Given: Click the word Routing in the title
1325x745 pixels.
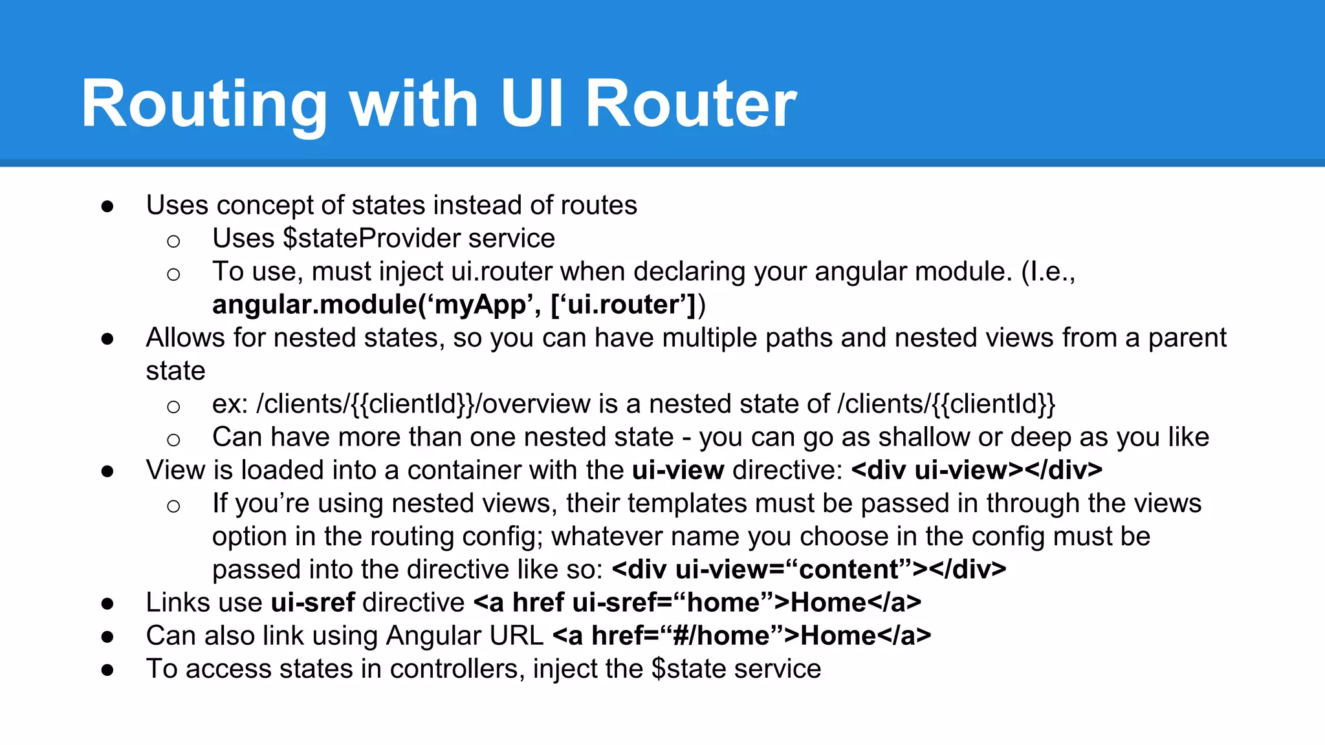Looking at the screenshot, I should pos(204,105).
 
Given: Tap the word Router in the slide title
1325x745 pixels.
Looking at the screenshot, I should pos(691,105).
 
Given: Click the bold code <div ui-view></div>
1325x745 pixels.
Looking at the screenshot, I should pos(977,470).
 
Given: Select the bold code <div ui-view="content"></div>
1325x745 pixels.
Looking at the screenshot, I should pos(809,570).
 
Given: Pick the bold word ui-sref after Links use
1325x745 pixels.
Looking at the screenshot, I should pos(312,603).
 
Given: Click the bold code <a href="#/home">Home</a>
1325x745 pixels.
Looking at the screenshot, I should pos(742,636).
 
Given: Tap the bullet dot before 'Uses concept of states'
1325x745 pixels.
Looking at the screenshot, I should pos(107,206).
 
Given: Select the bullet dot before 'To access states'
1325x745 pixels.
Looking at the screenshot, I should pos(107,670).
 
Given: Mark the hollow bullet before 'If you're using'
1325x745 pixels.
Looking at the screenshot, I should pos(173,506).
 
